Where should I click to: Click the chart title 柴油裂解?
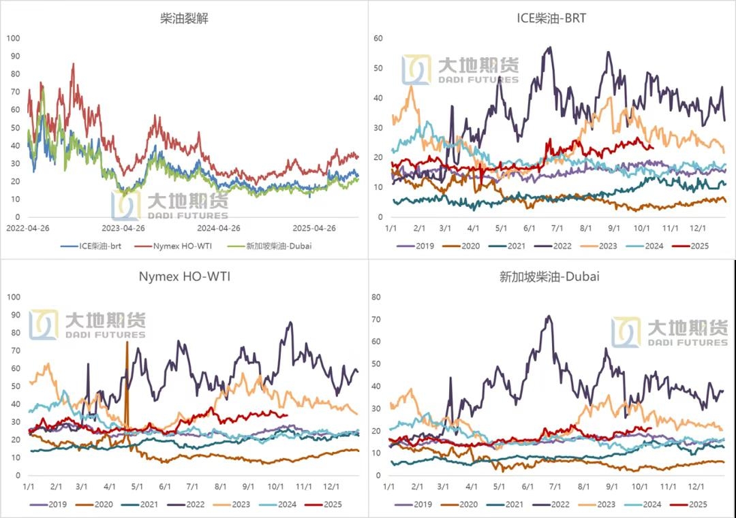(x=183, y=19)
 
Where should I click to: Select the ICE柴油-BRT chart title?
(x=551, y=19)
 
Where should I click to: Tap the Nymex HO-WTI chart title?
(x=183, y=276)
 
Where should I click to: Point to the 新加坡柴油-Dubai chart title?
(x=551, y=276)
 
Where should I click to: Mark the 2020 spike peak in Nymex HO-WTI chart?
(x=127, y=342)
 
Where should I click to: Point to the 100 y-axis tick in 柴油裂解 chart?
(x=14, y=38)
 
